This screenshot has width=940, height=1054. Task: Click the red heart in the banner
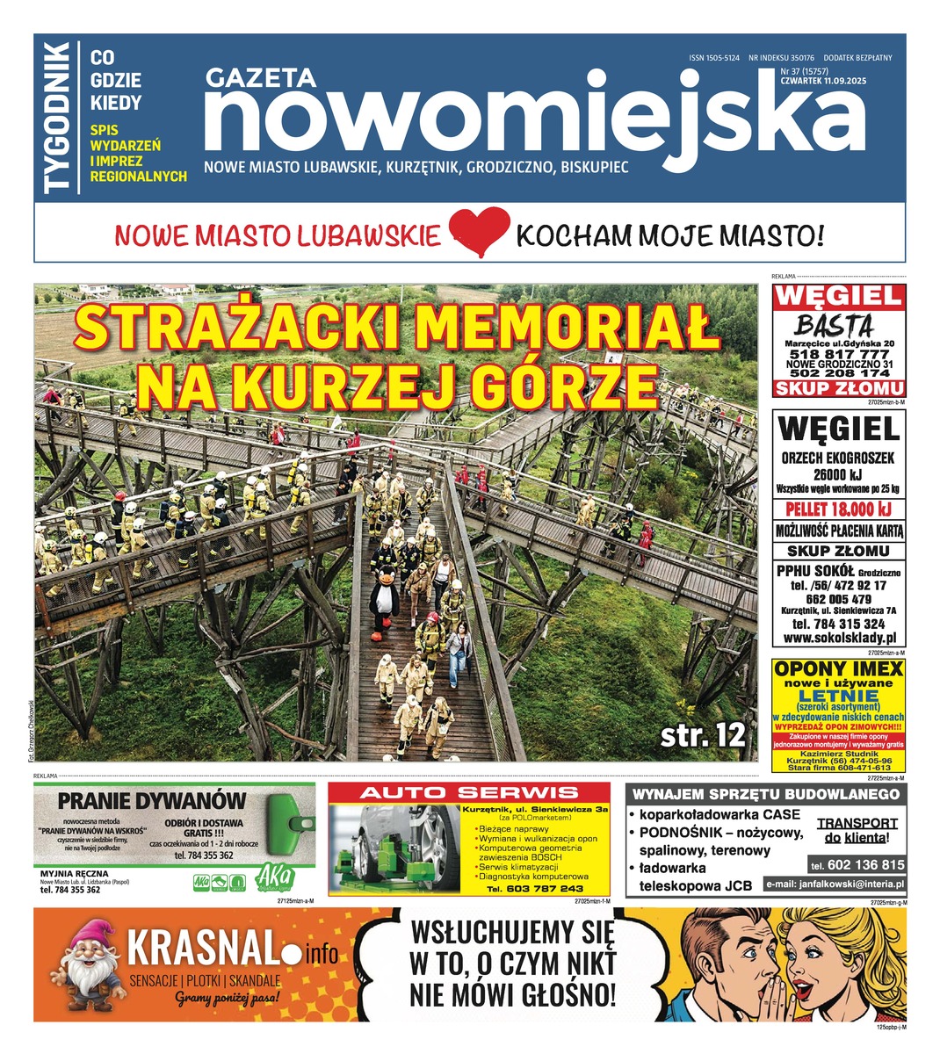point(479,233)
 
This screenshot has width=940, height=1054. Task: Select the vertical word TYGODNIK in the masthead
point(58,119)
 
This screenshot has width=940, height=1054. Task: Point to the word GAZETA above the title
point(260,79)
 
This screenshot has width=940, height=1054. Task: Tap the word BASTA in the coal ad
point(835,323)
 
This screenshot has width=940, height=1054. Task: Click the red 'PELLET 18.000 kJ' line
point(839,510)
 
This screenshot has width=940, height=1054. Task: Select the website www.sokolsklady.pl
point(839,639)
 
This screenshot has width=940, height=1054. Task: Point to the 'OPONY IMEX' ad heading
point(839,669)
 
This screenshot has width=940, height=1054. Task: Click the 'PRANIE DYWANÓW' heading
point(152,800)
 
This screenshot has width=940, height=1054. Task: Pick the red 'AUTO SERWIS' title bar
point(469,792)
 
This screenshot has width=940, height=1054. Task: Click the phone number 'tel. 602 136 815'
point(857,864)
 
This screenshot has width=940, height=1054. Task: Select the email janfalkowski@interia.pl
point(835,884)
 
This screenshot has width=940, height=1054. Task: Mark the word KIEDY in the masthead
point(116,103)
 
